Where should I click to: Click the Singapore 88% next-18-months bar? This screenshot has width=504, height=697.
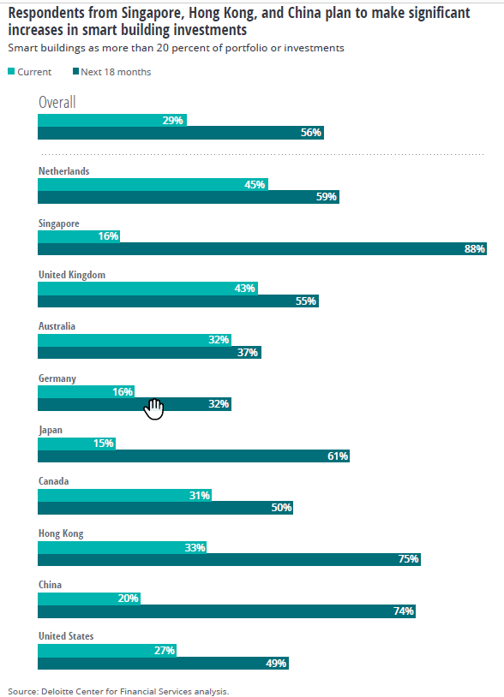pyautogui.click(x=261, y=249)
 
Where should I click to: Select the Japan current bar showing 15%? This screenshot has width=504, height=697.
pyautogui.click(x=76, y=444)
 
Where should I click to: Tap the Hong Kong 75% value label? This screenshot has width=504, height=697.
pyautogui.click(x=408, y=559)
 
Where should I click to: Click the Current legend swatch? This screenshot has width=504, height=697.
pyautogui.click(x=11, y=72)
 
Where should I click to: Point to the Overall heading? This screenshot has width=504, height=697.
pyautogui.click(x=57, y=103)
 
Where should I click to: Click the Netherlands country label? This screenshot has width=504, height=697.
pyautogui.click(x=63, y=171)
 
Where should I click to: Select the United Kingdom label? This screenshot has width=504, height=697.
pyautogui.click(x=72, y=275)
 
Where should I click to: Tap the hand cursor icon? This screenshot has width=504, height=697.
pyautogui.click(x=153, y=409)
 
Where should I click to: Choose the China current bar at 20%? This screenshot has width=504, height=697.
pyautogui.click(x=88, y=599)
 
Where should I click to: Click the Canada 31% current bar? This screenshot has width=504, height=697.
pyautogui.click(x=125, y=495)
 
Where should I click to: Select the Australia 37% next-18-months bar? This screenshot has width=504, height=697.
pyautogui.click(x=149, y=352)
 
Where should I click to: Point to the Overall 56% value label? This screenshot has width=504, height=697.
pyautogui.click(x=311, y=133)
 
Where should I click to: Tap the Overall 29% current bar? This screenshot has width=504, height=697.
pyautogui.click(x=111, y=120)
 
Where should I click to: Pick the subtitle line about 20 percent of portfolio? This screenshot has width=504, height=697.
pyautogui.click(x=176, y=48)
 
